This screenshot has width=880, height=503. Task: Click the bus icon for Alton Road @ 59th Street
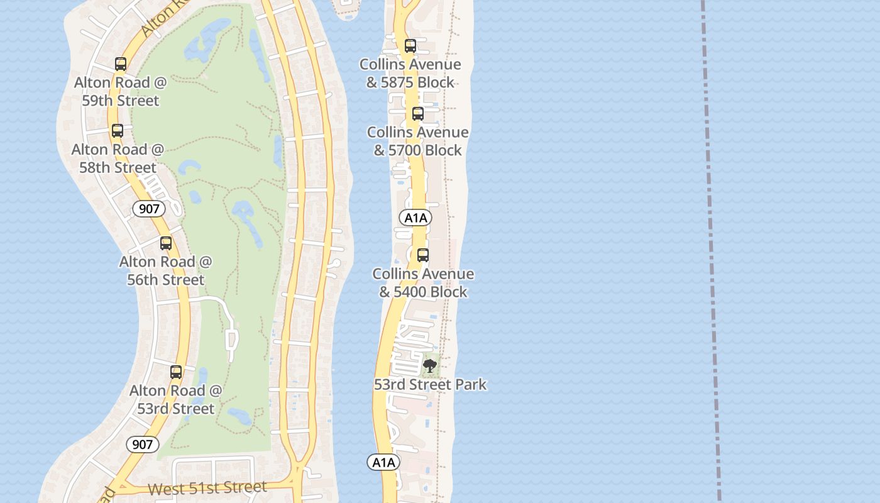[121, 64]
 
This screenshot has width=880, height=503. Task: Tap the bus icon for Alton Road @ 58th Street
[118, 131]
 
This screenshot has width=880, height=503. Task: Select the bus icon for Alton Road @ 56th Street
[166, 243]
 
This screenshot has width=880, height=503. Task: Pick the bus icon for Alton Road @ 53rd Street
[176, 372]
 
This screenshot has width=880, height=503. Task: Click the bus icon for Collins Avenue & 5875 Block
[410, 46]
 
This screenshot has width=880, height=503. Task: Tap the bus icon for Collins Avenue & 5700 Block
[418, 114]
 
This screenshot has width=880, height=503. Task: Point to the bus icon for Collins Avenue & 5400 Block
[423, 255]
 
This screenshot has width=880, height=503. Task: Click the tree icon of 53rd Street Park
[430, 365]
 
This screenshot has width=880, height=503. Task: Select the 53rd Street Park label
[430, 384]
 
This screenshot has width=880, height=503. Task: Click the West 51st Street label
[207, 488]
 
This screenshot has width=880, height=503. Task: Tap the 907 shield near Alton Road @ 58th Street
[149, 208]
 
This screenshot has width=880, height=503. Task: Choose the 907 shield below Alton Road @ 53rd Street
[143, 445]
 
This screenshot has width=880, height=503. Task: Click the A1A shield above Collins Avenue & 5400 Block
[415, 218]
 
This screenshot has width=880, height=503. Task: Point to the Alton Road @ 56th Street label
[166, 270]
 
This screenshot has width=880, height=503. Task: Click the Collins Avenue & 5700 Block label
[418, 141]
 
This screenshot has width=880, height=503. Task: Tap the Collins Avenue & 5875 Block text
[410, 73]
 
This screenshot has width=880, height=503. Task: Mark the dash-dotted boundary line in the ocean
[711, 251]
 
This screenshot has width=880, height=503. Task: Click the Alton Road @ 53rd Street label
[176, 399]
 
